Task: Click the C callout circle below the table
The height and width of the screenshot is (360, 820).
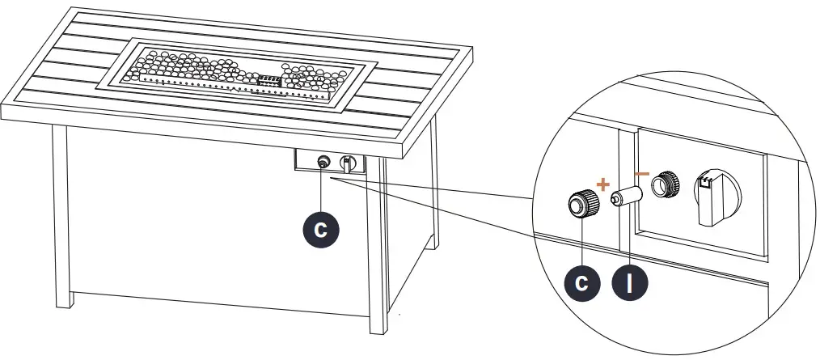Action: (x=322, y=229)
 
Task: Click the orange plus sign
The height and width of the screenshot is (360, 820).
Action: (x=602, y=185)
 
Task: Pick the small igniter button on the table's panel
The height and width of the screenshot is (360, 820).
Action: (x=323, y=163)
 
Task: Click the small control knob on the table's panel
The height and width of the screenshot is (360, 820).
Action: (x=349, y=163)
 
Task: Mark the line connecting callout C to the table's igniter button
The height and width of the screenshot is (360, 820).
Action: (x=323, y=191)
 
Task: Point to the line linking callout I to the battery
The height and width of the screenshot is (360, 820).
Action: (x=629, y=235)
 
